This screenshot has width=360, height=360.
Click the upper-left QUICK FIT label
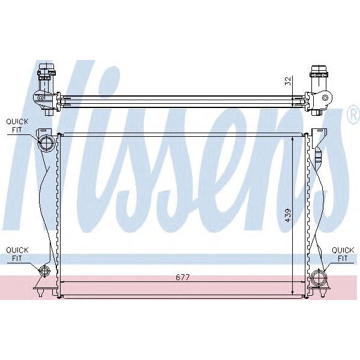tap(17, 125)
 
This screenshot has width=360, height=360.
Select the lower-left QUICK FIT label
tap(17, 253)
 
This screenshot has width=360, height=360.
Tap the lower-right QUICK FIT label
tap(343, 253)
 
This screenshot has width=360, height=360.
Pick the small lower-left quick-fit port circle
tap(44, 271)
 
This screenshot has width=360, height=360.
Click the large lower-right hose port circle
tap(318, 278)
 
